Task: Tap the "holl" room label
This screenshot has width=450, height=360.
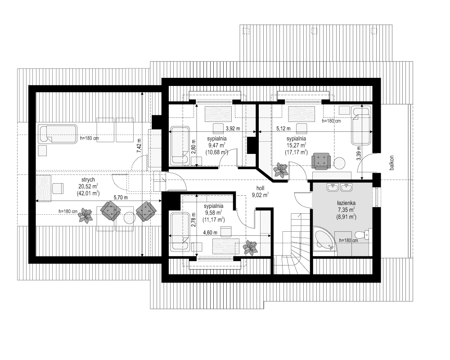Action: tap(260, 189)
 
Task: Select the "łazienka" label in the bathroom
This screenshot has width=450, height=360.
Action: tap(346, 202)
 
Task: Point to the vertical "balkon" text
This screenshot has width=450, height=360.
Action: tap(392, 162)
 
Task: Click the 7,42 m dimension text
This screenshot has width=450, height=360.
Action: tap(139, 146)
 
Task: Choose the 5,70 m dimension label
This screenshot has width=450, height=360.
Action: tap(121, 197)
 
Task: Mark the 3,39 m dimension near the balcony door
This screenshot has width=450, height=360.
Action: tap(359, 153)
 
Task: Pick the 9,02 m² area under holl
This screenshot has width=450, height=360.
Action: tap(260, 195)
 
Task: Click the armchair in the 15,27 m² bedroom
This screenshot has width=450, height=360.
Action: tap(322, 160)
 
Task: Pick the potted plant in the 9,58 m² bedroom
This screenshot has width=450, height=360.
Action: tap(249, 247)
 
